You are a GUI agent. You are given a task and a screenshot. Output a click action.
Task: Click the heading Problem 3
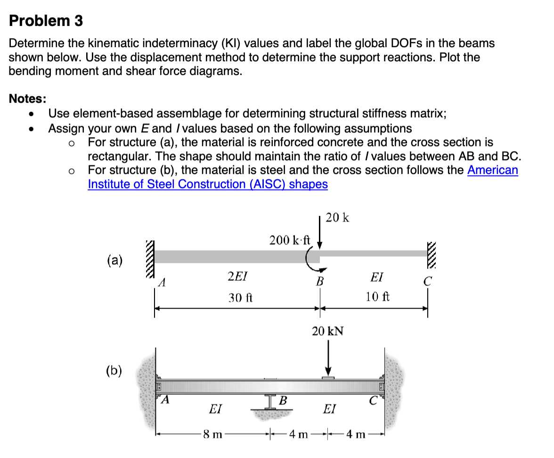tap(46, 21)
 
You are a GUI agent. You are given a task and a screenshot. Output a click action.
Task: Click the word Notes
tap(28, 99)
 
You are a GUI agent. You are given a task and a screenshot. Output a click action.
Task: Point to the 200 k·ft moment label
tap(290, 240)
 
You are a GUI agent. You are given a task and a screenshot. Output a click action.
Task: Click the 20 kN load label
tap(328, 331)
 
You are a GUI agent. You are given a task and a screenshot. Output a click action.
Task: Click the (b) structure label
tap(113, 371)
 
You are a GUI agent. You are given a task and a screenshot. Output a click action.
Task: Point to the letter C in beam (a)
tap(427, 282)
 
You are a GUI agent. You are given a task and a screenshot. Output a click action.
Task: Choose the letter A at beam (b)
tap(165, 401)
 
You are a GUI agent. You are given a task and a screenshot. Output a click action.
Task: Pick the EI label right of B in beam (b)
tap(329, 409)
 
